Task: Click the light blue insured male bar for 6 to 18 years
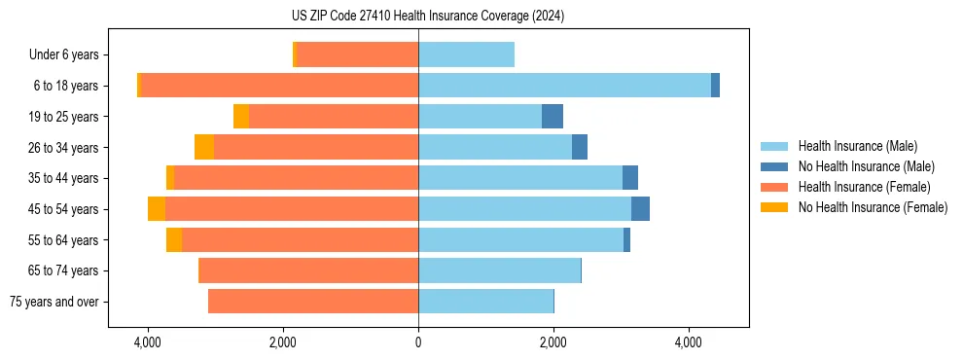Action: (x=564, y=86)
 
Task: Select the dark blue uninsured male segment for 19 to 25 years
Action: (x=553, y=117)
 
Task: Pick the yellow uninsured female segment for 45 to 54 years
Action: (x=157, y=209)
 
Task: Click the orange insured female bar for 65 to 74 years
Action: (x=308, y=270)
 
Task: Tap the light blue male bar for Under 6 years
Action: (x=466, y=54)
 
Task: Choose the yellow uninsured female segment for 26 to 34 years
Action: (x=204, y=147)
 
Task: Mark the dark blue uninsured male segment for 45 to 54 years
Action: (x=640, y=209)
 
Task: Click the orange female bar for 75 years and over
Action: (x=313, y=302)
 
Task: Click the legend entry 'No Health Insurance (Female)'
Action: (x=873, y=207)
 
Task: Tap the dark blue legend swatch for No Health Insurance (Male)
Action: (x=774, y=167)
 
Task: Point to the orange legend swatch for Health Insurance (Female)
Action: (x=774, y=187)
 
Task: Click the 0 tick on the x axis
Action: (x=418, y=343)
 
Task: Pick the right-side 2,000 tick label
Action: (x=553, y=343)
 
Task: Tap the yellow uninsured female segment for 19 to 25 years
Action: (x=241, y=117)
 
